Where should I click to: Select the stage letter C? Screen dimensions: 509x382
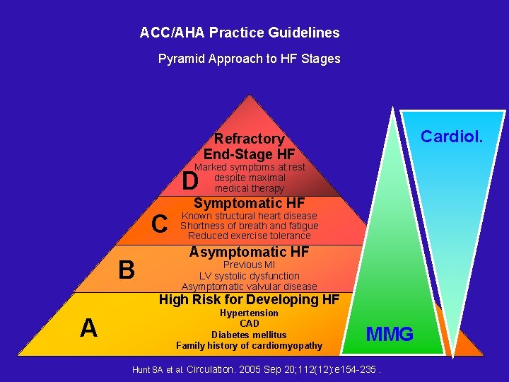160,224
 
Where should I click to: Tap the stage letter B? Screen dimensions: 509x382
126,270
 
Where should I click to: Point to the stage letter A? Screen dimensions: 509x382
88,328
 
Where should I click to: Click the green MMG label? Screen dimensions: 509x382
390,334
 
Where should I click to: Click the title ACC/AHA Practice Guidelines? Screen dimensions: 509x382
240,33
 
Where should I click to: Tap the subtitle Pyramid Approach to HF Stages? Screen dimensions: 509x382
249,59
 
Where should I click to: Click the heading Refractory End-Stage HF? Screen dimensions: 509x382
249,146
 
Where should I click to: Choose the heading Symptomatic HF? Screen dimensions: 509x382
249,204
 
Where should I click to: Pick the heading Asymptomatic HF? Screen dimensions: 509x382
249,252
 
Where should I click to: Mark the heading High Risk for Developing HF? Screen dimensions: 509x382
249,299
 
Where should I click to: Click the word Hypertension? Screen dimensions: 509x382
249,313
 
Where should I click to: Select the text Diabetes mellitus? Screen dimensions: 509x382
249,335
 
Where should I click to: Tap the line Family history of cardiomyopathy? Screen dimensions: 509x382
249,345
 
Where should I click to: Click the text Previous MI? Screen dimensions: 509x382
249,265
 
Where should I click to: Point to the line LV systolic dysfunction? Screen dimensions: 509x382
249,276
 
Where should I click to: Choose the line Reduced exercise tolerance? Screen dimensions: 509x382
249,236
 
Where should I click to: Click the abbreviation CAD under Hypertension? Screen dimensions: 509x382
249,323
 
